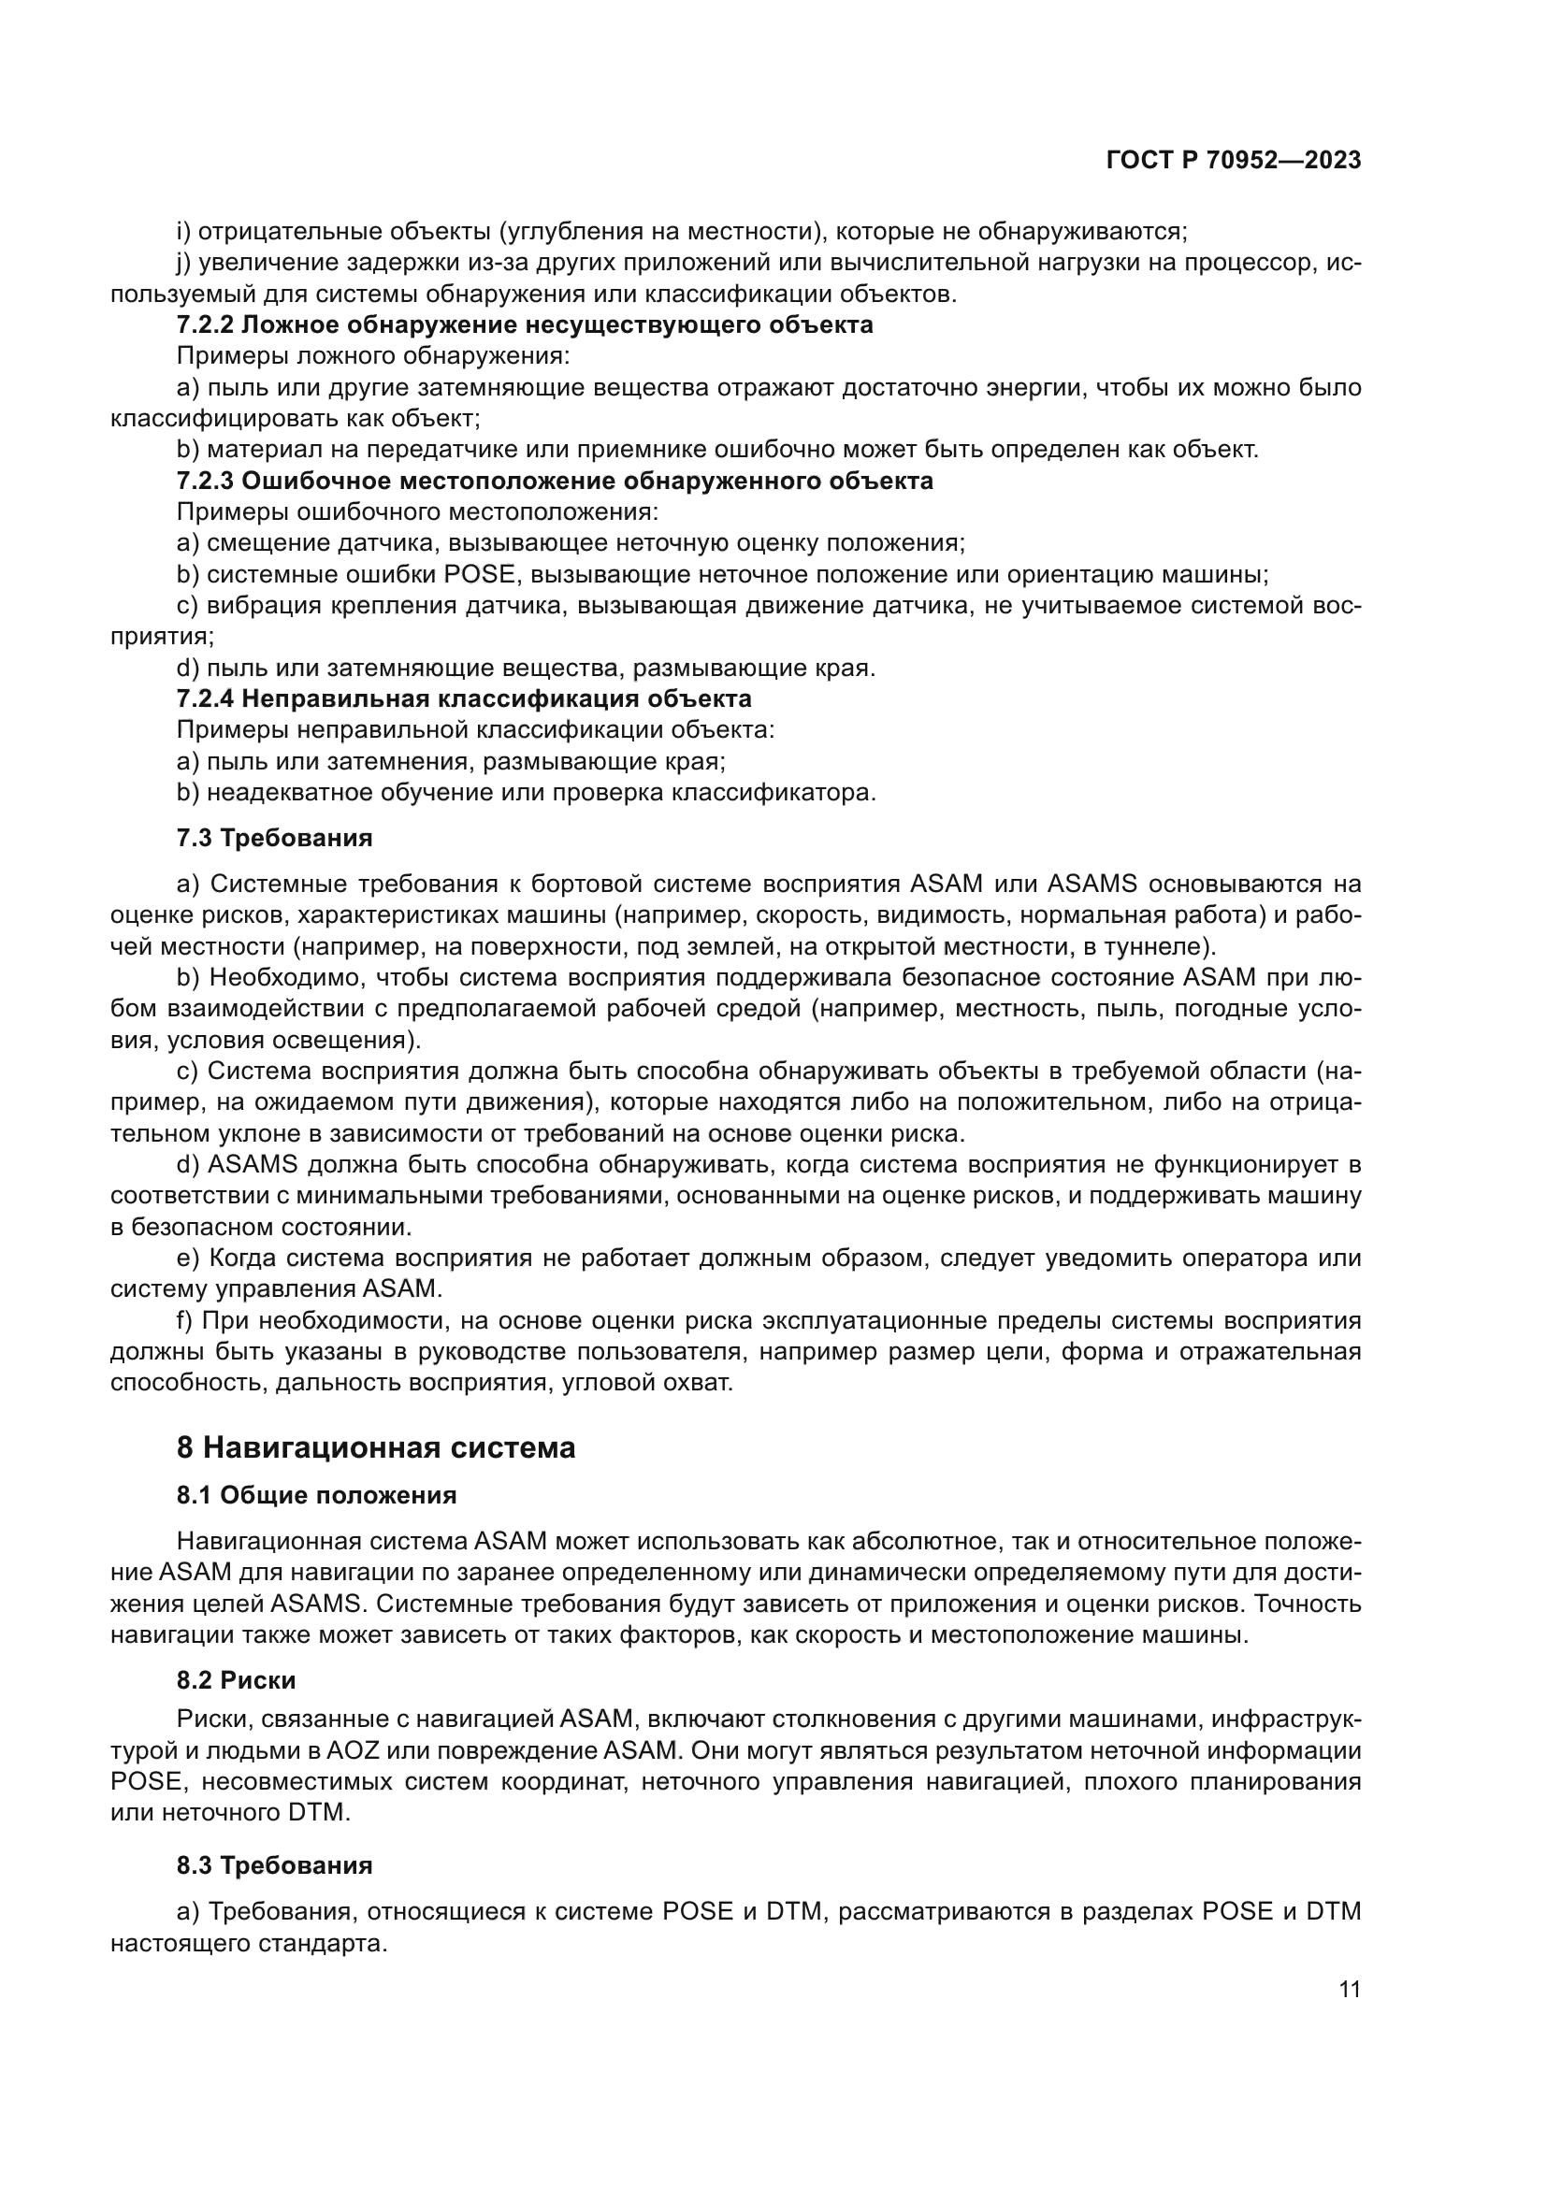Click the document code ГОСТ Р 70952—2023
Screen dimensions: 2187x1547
pos(1233,160)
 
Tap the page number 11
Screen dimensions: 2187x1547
pos(1349,1989)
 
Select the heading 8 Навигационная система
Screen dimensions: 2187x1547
pos(375,1447)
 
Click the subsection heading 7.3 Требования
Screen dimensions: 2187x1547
pos(274,838)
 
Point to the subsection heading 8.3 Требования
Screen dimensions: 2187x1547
pos(274,1865)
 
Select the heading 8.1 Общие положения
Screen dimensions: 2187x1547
pos(316,1495)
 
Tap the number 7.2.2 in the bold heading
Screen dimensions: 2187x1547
pos(205,324)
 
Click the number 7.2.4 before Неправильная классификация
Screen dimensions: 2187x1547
pos(205,698)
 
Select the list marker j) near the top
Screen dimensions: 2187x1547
pos(184,263)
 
